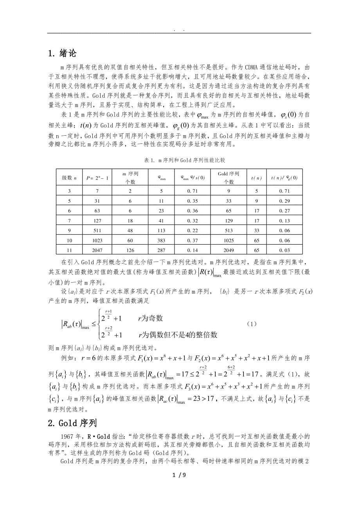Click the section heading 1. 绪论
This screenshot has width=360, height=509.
[62, 53]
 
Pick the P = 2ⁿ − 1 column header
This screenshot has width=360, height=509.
[97, 178]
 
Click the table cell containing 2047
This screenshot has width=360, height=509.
[97, 249]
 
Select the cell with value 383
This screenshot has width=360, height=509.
[162, 239]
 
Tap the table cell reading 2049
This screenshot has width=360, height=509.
[229, 249]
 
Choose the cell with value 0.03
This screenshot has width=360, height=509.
[284, 249]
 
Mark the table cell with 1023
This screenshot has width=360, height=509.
[97, 239]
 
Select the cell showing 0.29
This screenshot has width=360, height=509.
[284, 201]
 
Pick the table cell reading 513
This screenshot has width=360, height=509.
[229, 230]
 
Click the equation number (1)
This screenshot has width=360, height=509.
[252, 324]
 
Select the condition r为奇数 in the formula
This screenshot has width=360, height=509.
[151, 318]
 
